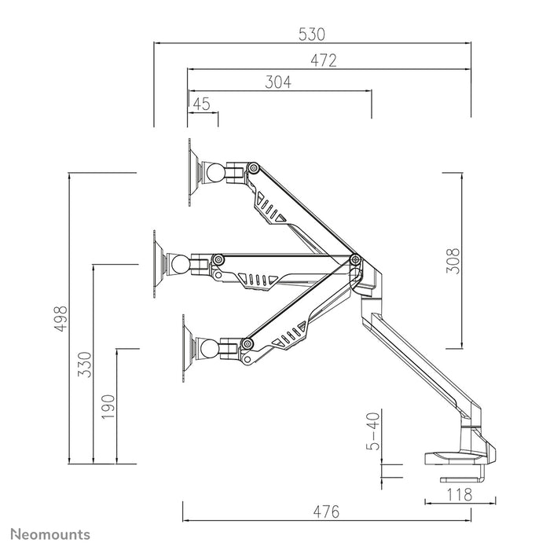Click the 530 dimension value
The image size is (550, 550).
click(312, 35)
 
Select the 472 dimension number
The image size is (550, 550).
click(323, 60)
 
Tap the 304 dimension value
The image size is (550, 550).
click(278, 82)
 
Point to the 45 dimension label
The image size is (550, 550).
click(201, 104)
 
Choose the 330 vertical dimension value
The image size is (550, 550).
click(86, 365)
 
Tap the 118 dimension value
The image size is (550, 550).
click(459, 494)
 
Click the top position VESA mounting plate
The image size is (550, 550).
click(192, 172)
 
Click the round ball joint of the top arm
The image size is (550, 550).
click(213, 172)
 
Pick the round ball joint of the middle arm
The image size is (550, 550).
click(180, 263)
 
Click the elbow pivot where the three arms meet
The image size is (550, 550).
click(354, 260)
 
